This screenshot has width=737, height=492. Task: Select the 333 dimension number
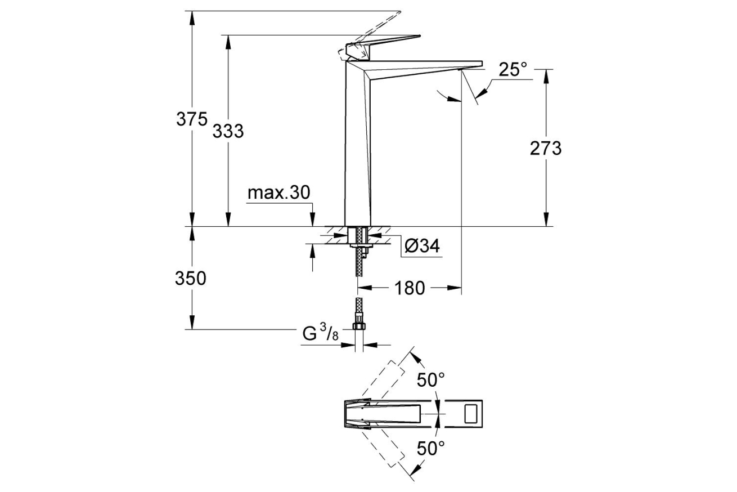[228, 131]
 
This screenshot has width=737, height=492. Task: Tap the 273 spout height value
[545, 148]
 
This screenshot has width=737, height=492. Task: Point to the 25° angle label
[513, 69]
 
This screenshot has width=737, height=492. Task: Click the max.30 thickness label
[279, 193]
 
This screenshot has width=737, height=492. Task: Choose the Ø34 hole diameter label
[422, 246]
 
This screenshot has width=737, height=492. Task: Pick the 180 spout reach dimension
[410, 288]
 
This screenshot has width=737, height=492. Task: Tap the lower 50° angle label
[430, 448]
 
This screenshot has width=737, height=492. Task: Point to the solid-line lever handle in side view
[388, 43]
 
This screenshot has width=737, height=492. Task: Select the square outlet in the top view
[471, 414]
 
